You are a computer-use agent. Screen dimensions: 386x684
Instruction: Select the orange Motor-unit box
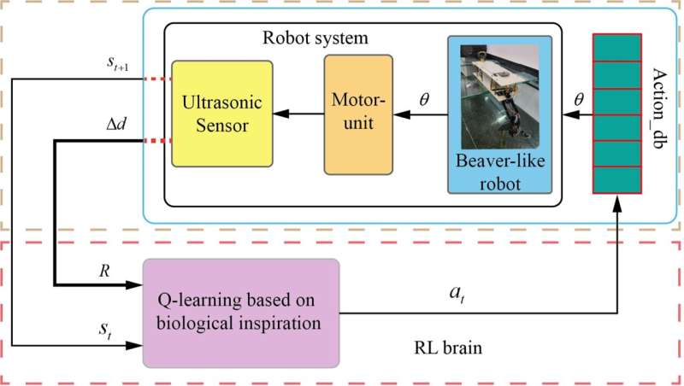click(358, 114)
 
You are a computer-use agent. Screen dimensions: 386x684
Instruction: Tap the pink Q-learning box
click(241, 313)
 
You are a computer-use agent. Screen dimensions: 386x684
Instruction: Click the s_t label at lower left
click(105, 328)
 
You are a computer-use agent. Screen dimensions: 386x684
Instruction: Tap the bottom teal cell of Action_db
click(616, 180)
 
